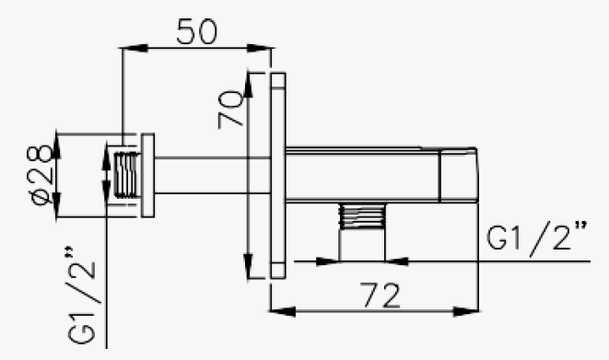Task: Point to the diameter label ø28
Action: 39,175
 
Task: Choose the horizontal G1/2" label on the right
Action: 537,238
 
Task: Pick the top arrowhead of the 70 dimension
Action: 250,81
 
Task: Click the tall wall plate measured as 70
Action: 277,174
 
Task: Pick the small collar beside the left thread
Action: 146,174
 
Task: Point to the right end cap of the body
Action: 460,174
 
